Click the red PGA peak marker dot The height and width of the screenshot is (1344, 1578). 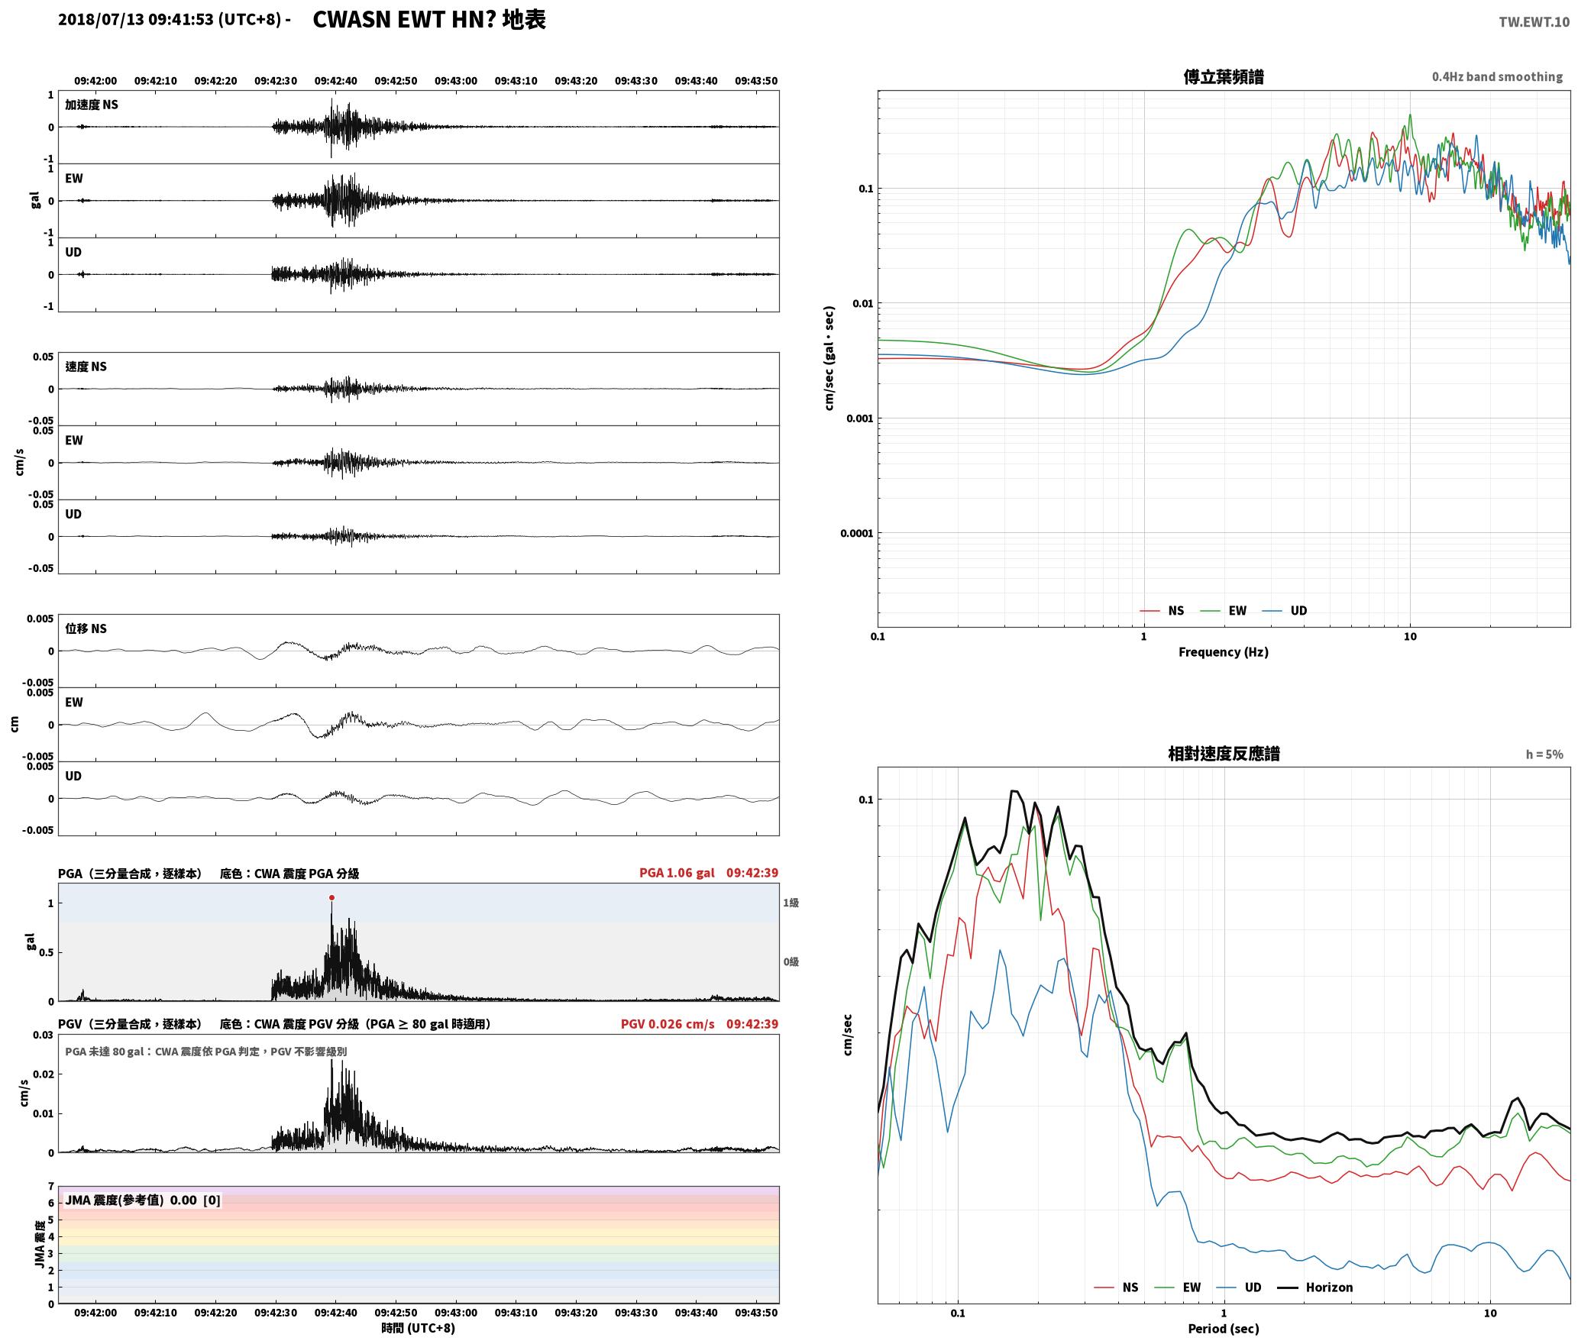[x=331, y=898]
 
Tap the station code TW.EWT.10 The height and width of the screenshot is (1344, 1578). [x=1534, y=22]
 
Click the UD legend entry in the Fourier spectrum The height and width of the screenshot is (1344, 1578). [x=1285, y=611]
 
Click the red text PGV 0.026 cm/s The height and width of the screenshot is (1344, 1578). [x=668, y=1024]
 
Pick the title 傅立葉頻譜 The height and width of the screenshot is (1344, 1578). [x=1224, y=77]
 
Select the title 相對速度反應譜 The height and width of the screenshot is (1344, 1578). [x=1224, y=754]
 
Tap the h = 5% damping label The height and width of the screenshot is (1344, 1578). [x=1544, y=754]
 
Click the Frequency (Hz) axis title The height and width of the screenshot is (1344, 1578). [x=1224, y=652]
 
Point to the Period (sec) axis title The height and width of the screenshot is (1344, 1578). [x=1224, y=1329]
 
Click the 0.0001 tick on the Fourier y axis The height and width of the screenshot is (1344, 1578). [x=855, y=533]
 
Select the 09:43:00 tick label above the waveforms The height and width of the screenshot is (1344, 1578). [x=456, y=81]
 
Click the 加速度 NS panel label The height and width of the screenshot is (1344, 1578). [x=92, y=105]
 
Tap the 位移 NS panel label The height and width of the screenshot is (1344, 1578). [x=86, y=628]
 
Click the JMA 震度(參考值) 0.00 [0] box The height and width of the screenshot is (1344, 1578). [x=143, y=1200]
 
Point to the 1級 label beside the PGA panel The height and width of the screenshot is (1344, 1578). [x=791, y=903]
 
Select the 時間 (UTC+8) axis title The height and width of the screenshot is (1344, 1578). [x=419, y=1328]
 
